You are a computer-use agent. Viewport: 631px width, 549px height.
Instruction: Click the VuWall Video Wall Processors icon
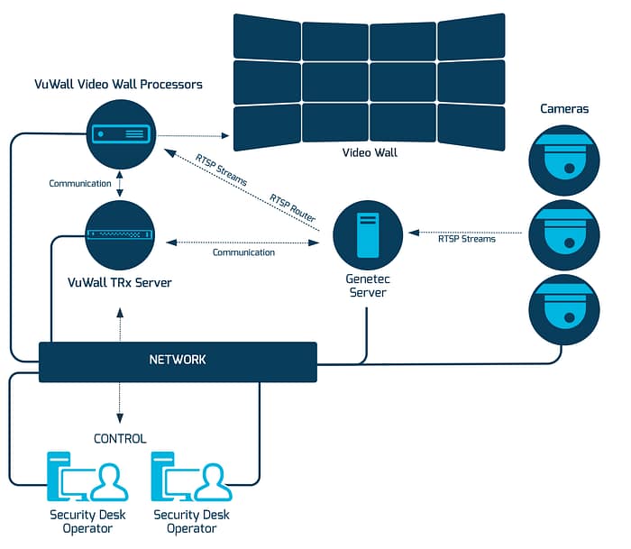coord(121,133)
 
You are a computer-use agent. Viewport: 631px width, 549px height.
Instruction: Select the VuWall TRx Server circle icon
coord(121,235)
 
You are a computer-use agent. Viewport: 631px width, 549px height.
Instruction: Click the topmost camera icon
coord(563,160)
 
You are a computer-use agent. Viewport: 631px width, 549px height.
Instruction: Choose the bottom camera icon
coord(563,310)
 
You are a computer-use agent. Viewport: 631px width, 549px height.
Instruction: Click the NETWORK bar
coord(178,361)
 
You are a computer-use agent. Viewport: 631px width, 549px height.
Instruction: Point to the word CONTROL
coord(120,439)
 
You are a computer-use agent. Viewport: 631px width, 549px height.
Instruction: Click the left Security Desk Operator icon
coord(87,479)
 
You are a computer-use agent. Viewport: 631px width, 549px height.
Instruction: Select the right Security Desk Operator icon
coord(191,479)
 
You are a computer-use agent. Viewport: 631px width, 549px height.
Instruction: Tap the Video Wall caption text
coord(369,153)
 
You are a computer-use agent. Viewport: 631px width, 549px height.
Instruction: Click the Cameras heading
coord(564,109)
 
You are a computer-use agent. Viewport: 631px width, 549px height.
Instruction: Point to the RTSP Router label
coord(292,207)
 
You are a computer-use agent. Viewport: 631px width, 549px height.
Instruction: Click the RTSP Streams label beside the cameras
coord(466,239)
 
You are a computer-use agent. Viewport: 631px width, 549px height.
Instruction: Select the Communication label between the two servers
coord(243,252)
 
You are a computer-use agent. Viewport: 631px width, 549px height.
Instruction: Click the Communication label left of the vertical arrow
coord(79,184)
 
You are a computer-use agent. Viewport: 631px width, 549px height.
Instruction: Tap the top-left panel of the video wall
coord(266,36)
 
